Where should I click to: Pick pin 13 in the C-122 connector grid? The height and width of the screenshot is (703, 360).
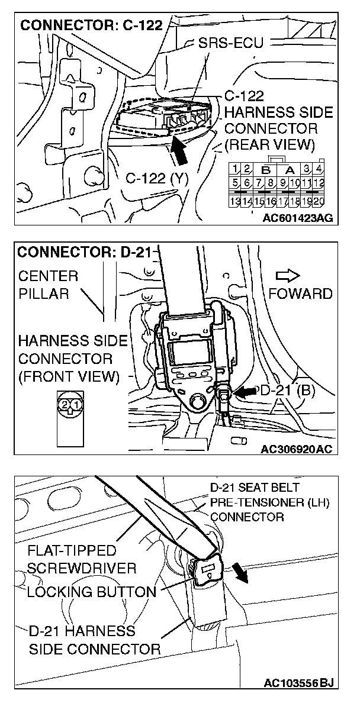click(x=235, y=201)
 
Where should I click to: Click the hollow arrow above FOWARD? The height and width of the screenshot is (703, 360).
click(x=288, y=276)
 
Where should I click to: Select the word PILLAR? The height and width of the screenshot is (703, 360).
click(x=43, y=294)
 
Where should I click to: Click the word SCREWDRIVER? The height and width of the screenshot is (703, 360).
click(x=82, y=568)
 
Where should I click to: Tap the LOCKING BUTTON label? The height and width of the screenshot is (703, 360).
click(x=92, y=592)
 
